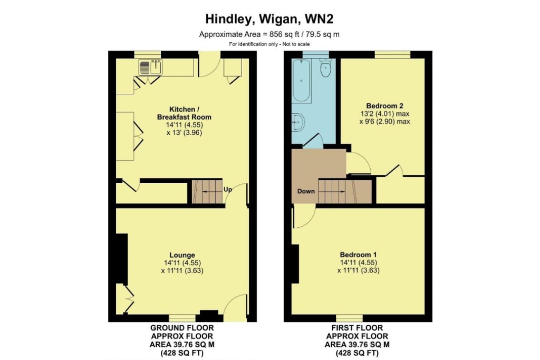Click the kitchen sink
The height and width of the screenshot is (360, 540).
point(150,67)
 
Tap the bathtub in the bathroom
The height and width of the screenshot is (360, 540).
point(301,80)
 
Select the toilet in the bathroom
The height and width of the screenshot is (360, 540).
point(325,67)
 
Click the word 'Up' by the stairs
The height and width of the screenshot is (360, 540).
point(228,189)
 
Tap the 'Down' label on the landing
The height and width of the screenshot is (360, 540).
point(306,191)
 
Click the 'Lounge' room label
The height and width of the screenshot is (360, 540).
point(182,255)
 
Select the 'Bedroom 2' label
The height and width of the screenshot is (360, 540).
point(384,106)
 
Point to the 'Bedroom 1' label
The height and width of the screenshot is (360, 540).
point(358,255)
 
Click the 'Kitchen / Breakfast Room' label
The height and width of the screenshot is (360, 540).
point(184,113)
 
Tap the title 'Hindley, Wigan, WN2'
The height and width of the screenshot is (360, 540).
point(269,19)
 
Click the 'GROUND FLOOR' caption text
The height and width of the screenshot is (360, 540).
point(182,328)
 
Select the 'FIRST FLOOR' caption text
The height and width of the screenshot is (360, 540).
point(357,328)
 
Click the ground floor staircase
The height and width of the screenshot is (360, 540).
point(207,191)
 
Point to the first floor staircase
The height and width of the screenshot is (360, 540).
point(345,191)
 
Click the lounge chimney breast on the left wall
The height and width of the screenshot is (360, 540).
point(122,259)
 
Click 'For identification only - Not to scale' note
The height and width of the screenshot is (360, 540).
point(269,44)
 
